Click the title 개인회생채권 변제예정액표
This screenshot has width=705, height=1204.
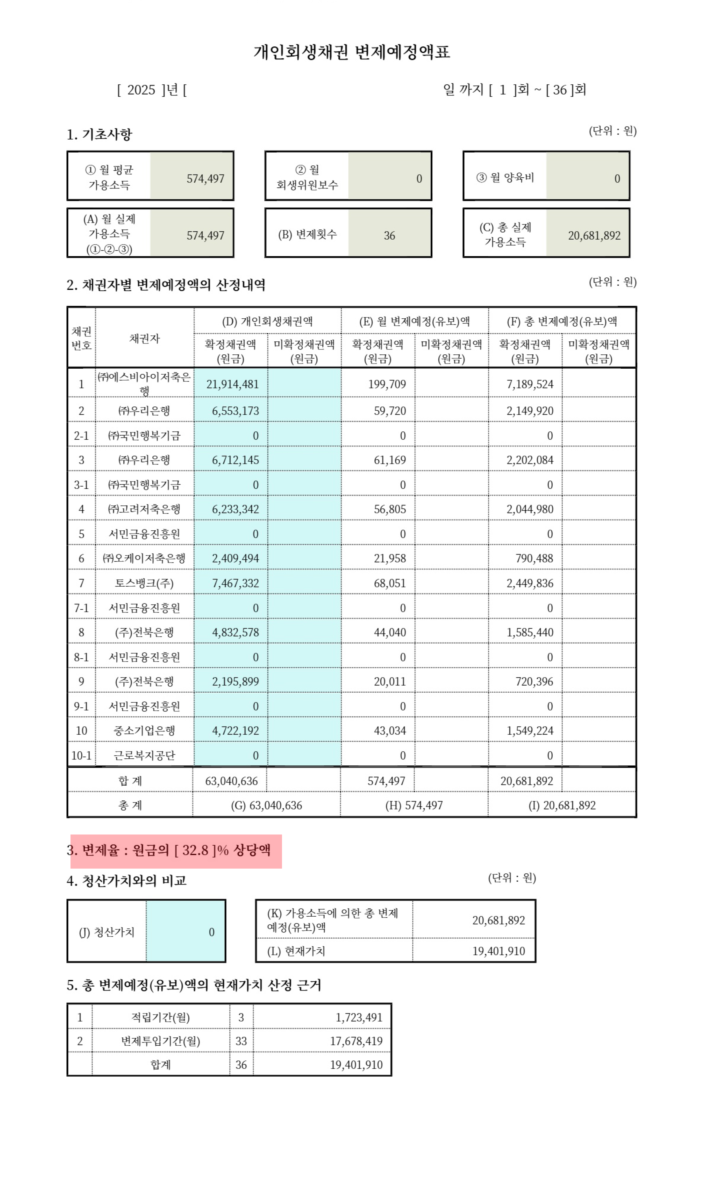coord(351,52)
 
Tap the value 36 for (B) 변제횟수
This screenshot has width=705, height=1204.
coord(389,236)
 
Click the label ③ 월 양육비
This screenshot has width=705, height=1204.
coord(505,178)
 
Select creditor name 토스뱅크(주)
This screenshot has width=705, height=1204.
coord(144,583)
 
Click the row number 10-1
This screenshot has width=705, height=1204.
coord(81,755)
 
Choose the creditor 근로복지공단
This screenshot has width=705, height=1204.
coord(144,755)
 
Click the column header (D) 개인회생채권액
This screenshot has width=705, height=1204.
coord(267,321)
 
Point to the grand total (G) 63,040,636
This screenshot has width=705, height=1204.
coord(266,806)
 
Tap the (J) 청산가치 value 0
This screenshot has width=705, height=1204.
coord(211,932)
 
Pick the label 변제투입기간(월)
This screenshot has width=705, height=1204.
coord(161,1041)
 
